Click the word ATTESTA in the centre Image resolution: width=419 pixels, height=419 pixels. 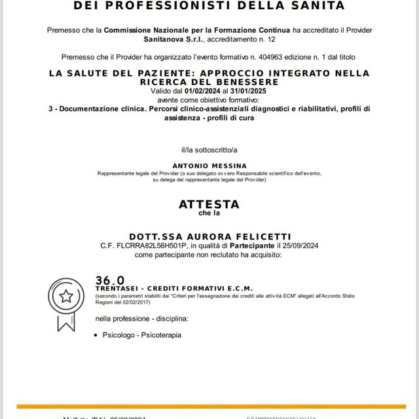tap(209, 204)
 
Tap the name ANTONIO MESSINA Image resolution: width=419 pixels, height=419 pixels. tap(209, 166)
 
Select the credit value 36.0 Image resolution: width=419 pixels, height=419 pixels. tap(109, 280)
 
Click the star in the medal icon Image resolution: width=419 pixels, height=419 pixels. tap(66, 296)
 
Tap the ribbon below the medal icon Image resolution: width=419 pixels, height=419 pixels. tap(66, 321)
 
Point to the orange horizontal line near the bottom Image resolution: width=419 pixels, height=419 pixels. tap(209, 407)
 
